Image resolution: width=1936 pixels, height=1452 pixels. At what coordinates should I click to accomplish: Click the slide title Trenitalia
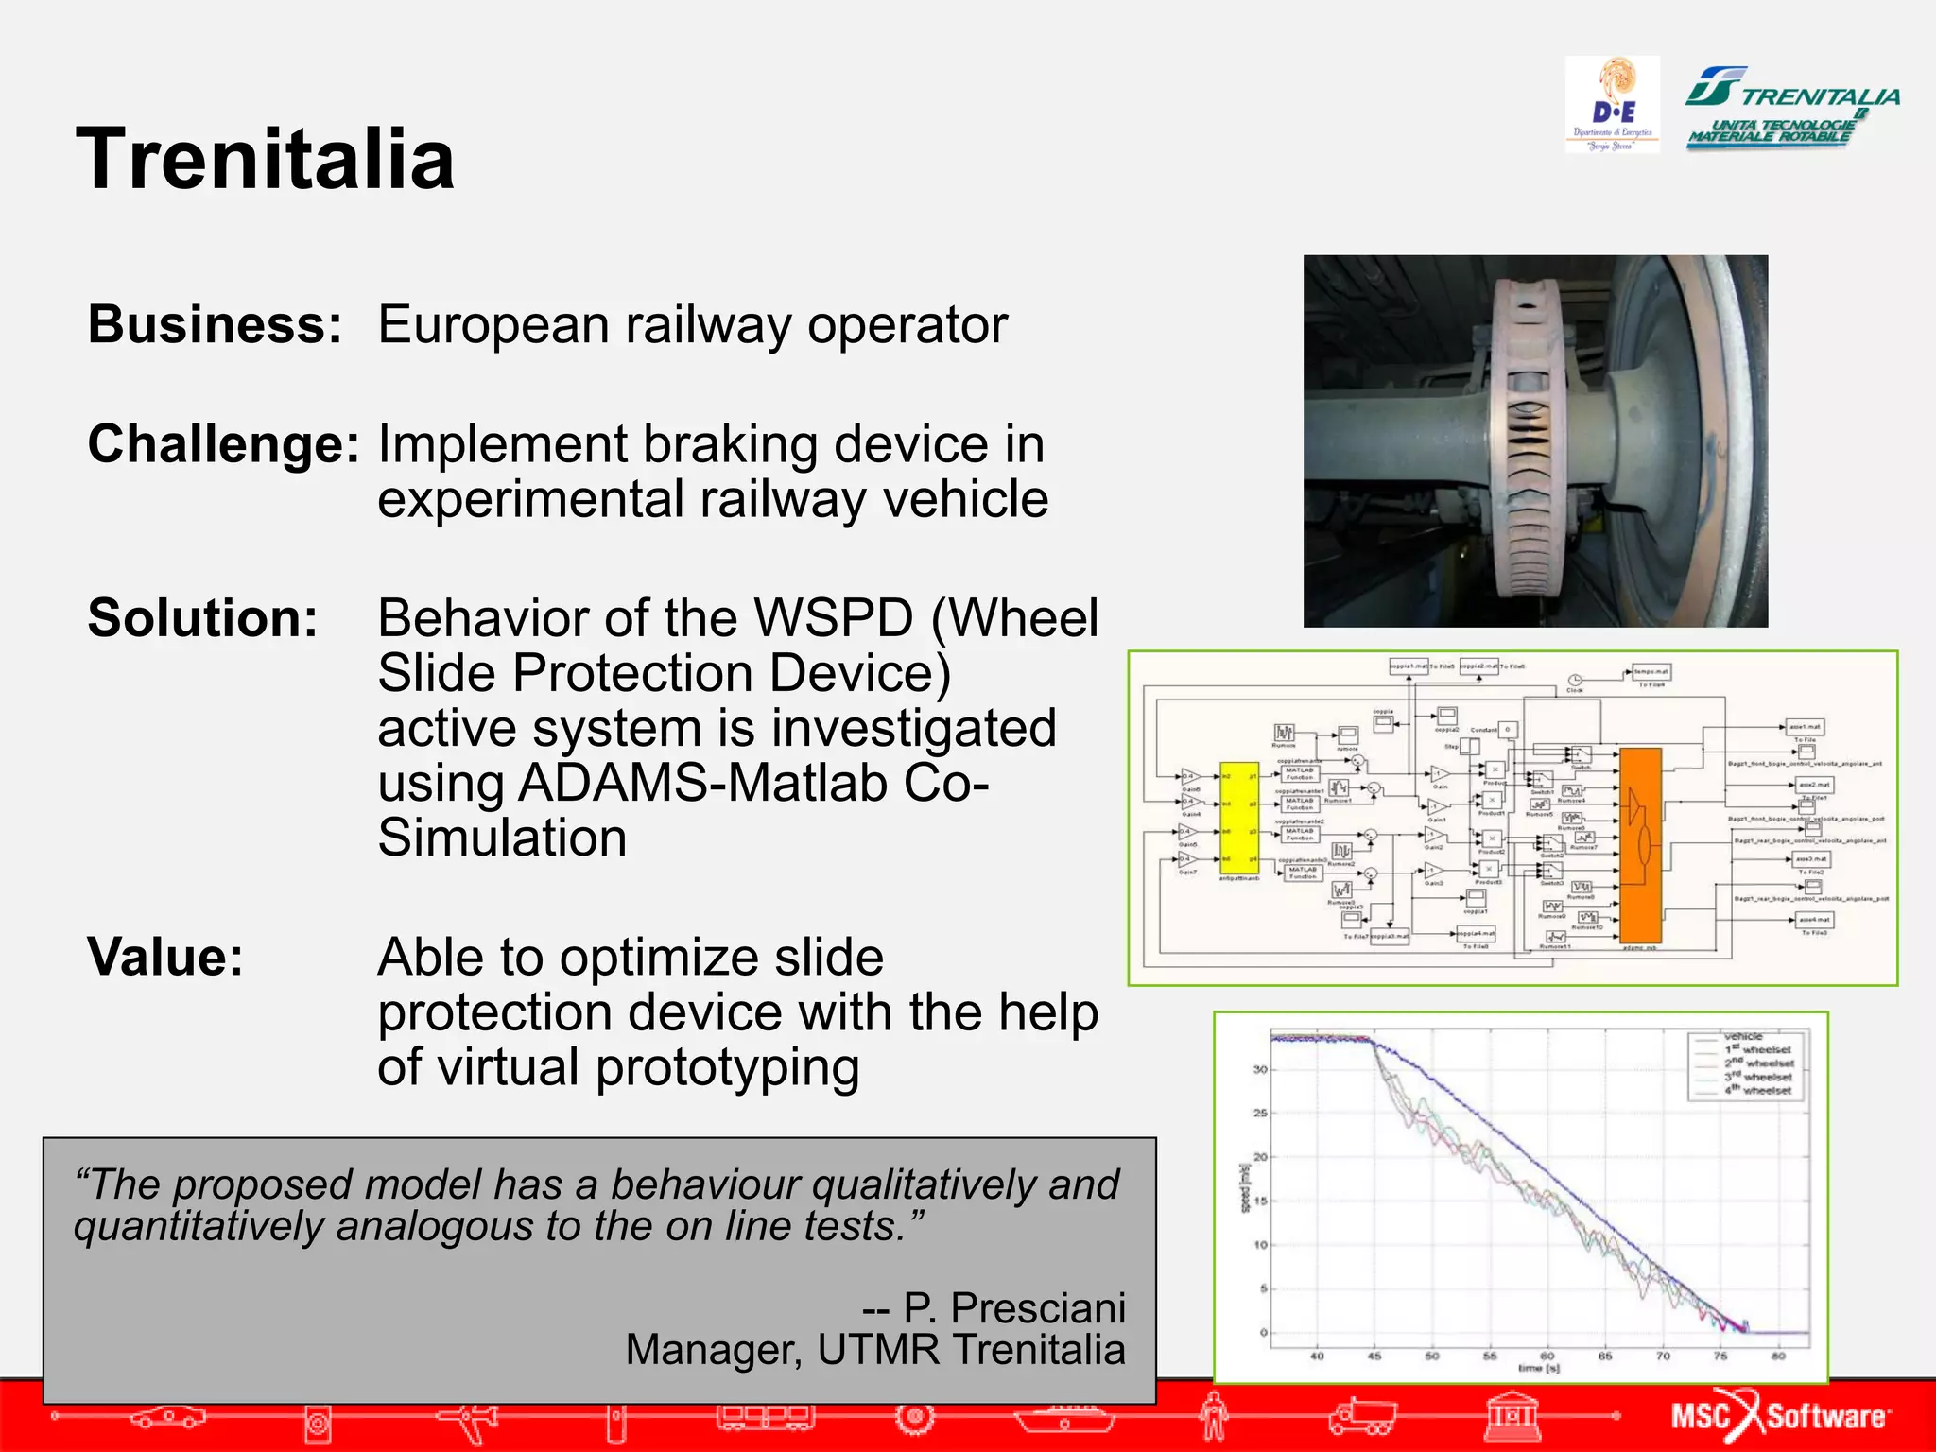point(266,159)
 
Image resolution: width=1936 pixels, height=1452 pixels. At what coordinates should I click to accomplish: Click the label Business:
point(215,325)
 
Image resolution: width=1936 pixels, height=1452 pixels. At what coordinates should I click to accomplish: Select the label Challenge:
point(224,444)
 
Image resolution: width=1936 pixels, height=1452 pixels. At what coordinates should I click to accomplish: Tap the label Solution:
point(202,618)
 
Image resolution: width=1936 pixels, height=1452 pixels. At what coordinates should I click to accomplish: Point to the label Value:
point(165,957)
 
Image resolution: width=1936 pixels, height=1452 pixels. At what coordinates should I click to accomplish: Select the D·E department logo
point(1612,104)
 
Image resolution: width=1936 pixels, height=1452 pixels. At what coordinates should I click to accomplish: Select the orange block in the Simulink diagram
point(1640,844)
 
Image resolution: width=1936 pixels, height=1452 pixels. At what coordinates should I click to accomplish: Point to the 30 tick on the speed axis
point(1260,1069)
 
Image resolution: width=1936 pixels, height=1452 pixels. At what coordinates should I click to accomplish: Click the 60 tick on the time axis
point(1547,1356)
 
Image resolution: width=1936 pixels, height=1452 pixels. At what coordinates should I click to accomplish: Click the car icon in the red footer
point(167,1417)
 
